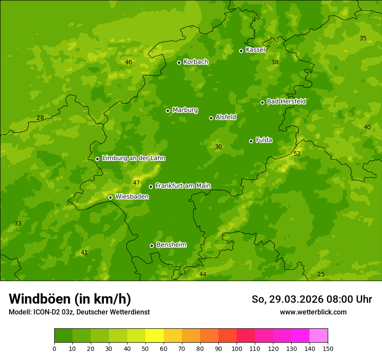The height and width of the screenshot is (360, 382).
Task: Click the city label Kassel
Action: (255, 50)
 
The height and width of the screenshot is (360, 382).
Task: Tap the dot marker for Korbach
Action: (179, 62)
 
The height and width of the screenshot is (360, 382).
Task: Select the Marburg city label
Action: (185, 110)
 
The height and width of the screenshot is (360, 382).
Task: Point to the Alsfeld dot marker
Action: (211, 118)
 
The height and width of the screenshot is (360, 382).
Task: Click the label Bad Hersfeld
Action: (286, 101)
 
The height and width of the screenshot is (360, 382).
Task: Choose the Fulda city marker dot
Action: (251, 141)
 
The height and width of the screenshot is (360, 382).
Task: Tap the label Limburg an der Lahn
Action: (133, 158)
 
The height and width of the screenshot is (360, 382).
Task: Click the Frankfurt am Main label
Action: (183, 186)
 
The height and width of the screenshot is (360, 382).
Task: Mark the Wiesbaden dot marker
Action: (110, 197)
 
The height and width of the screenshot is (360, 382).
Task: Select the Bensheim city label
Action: (171, 245)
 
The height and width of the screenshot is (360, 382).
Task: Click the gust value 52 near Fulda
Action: (297, 154)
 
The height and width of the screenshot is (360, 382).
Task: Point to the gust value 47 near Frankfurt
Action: (136, 183)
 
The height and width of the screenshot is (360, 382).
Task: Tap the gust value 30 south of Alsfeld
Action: (218, 147)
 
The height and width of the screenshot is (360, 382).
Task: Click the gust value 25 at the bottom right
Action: (321, 274)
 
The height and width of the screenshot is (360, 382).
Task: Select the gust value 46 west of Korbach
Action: (128, 62)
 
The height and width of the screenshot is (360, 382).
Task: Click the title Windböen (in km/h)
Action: (70, 299)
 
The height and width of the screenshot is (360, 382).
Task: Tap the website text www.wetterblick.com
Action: (313, 312)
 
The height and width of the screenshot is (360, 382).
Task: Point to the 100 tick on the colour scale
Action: (237, 348)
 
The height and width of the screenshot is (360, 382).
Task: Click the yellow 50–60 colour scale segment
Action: (155, 335)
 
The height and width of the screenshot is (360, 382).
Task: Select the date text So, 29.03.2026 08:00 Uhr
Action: (312, 299)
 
